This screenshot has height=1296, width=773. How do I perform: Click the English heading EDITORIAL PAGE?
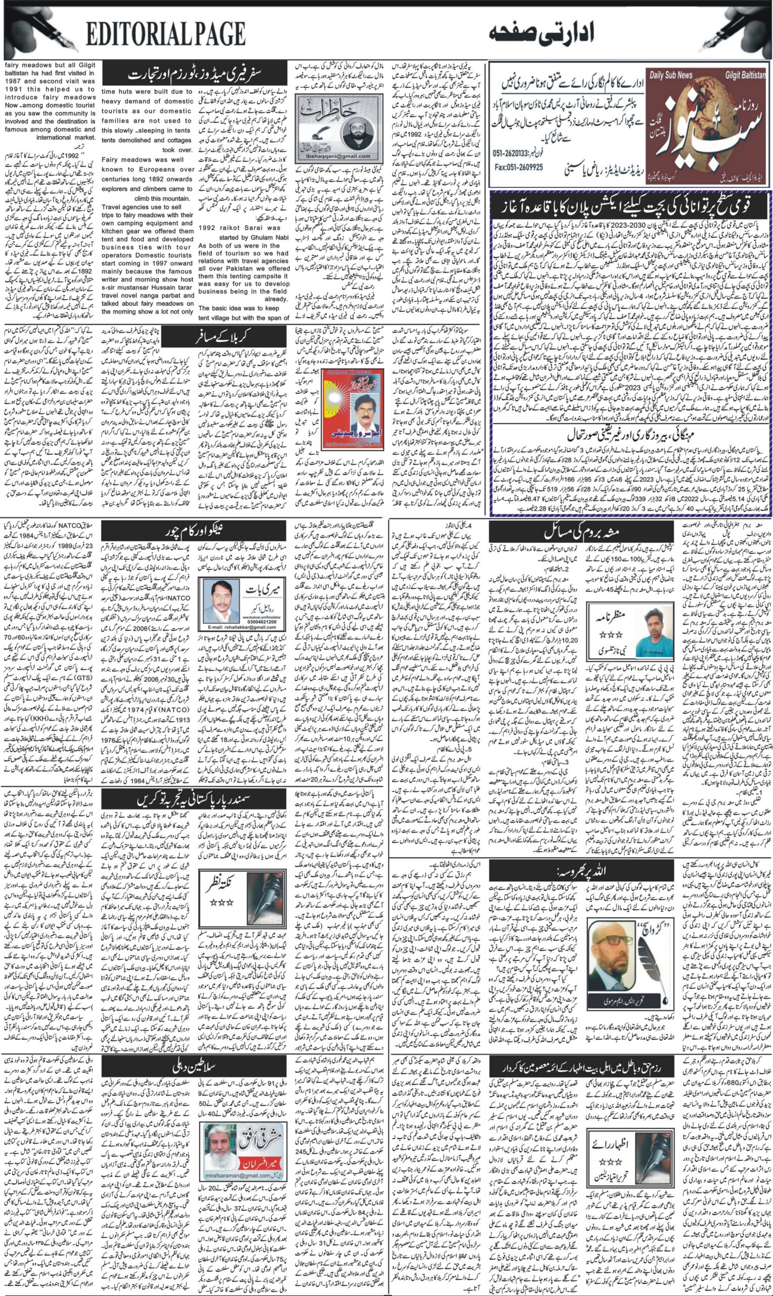point(165,35)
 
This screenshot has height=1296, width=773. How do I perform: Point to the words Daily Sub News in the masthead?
point(671,75)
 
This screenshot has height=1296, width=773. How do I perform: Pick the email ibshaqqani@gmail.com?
point(338,156)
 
